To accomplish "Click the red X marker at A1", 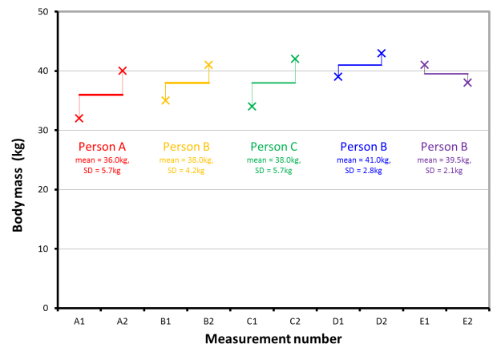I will (x=79, y=119).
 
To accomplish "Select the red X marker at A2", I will (x=122, y=71).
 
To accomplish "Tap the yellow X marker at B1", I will (x=165, y=100).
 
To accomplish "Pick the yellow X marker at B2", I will (x=208, y=65).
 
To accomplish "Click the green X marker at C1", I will (x=252, y=107).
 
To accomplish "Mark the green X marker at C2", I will (x=295, y=59).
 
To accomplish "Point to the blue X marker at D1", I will (x=338, y=77).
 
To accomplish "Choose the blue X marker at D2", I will (x=382, y=54).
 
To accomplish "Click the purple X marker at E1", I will (x=425, y=65).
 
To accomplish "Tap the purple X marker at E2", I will (x=467, y=83).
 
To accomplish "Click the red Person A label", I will (x=100, y=147).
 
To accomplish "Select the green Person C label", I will (x=273, y=147).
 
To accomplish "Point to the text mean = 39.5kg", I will (x=445, y=160).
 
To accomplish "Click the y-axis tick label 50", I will (x=43, y=12).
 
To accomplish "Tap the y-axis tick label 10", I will (x=43, y=249).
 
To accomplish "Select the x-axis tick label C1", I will (x=252, y=321).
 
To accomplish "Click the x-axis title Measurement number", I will (x=273, y=339).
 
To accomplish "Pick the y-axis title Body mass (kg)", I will (x=18, y=160).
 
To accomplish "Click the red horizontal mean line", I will (x=100, y=95).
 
